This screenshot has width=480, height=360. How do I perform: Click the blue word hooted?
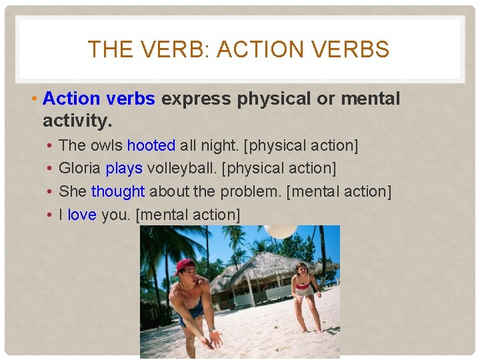coord(151,145)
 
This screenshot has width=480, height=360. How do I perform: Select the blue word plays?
coord(124,168)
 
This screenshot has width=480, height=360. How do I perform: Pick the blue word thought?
coord(118,191)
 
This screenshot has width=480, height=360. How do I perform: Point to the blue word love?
coord(82,215)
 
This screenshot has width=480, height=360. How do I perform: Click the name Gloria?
coord(80,168)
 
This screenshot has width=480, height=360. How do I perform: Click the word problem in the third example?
coord(250,191)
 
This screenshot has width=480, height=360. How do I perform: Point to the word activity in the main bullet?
coord(75,121)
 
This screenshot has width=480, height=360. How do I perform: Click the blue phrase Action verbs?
coord(99,99)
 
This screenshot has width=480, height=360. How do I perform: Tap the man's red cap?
coord(184,266)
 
